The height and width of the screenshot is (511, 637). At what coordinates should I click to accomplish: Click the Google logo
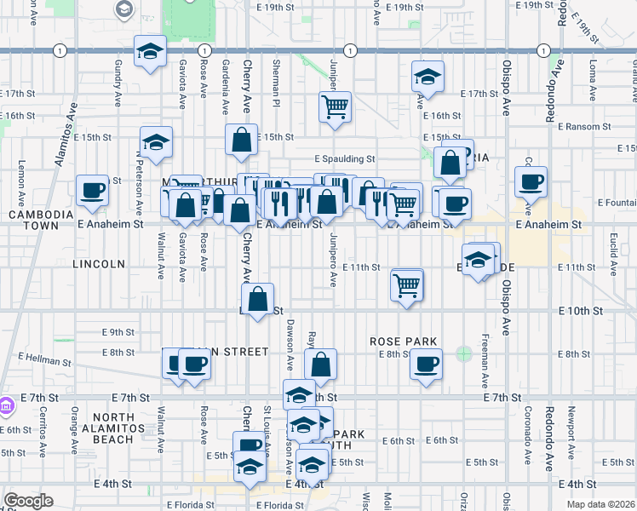(x=27, y=501)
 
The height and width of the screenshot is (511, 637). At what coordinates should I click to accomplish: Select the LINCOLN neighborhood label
(x=100, y=264)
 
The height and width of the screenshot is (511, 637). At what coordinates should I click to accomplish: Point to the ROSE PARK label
(x=403, y=342)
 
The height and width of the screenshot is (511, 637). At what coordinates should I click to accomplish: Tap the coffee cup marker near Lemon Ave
(x=92, y=191)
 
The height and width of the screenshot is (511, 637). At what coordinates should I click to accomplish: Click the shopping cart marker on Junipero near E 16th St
(x=335, y=107)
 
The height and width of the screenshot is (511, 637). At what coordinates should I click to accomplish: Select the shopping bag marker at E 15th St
(x=242, y=141)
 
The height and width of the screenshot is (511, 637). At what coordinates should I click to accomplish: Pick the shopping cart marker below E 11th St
(x=407, y=284)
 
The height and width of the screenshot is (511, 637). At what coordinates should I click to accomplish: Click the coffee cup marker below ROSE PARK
(x=425, y=365)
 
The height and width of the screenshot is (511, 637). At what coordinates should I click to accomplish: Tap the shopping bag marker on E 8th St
(x=320, y=365)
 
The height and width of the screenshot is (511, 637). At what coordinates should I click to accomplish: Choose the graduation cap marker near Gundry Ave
(x=150, y=51)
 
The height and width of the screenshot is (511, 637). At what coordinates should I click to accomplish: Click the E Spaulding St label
(x=344, y=158)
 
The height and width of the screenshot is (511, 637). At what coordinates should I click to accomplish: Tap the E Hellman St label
(x=41, y=359)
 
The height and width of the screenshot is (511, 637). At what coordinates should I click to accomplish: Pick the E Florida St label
(x=190, y=504)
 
